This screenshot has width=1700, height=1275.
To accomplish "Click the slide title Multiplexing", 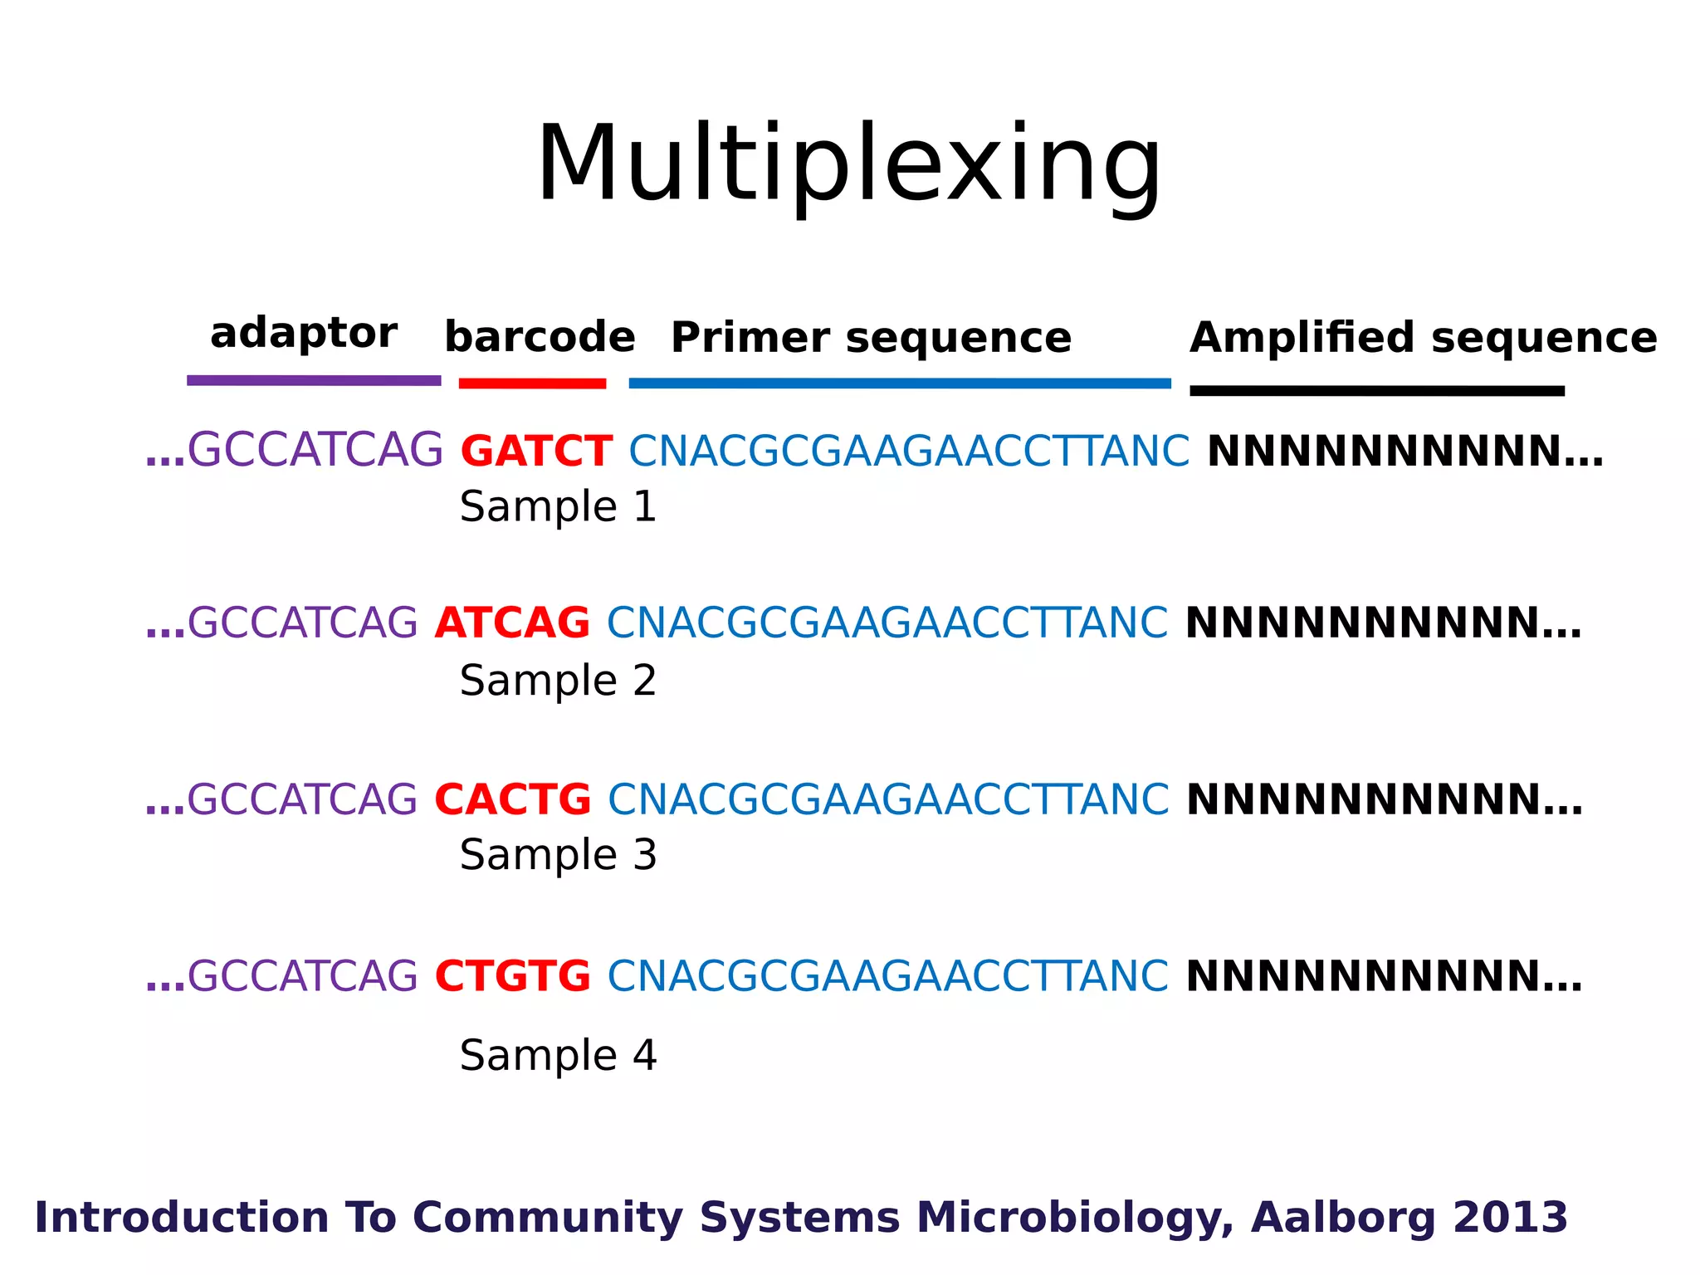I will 848,164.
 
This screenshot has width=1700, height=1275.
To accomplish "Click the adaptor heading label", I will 304,334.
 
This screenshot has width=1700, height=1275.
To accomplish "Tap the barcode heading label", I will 540,337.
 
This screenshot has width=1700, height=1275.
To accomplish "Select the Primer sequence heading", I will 871,338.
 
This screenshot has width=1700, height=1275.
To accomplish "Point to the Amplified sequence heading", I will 1423,338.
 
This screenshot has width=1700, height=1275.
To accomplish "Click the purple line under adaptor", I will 314,381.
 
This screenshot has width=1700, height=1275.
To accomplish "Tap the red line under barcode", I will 532,383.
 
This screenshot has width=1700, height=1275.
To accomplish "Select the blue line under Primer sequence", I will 900,383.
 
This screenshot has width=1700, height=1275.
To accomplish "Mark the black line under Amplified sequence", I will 1376,391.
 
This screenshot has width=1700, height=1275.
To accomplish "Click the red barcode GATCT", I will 536,452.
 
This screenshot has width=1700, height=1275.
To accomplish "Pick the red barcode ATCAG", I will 512,623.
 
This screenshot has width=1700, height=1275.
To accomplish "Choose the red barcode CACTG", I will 513,800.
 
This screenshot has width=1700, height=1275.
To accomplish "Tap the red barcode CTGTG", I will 513,976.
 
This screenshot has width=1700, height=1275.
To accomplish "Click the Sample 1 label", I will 558,507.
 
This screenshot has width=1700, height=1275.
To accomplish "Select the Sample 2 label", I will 558,681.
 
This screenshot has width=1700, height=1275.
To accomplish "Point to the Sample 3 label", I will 558,855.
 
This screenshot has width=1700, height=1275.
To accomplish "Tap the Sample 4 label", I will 558,1056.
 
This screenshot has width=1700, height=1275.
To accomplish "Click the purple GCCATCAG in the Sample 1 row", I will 315,452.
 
